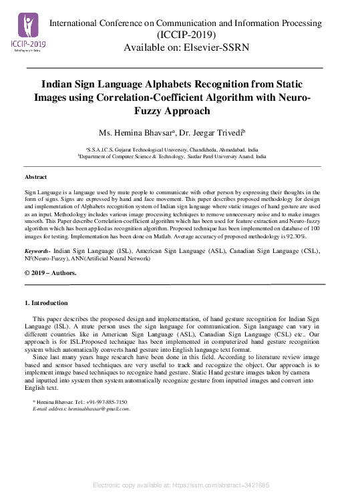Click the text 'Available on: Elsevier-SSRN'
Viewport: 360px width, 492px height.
click(x=185, y=47)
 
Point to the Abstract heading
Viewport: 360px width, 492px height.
click(x=36, y=177)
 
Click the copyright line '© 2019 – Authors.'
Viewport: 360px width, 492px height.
click(x=50, y=274)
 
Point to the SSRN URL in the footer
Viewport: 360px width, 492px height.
click(x=224, y=485)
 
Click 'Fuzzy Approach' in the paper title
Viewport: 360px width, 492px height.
click(x=181, y=110)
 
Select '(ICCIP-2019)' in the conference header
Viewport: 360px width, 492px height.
click(x=186, y=35)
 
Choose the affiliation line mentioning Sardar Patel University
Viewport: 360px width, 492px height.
click(x=172, y=156)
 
